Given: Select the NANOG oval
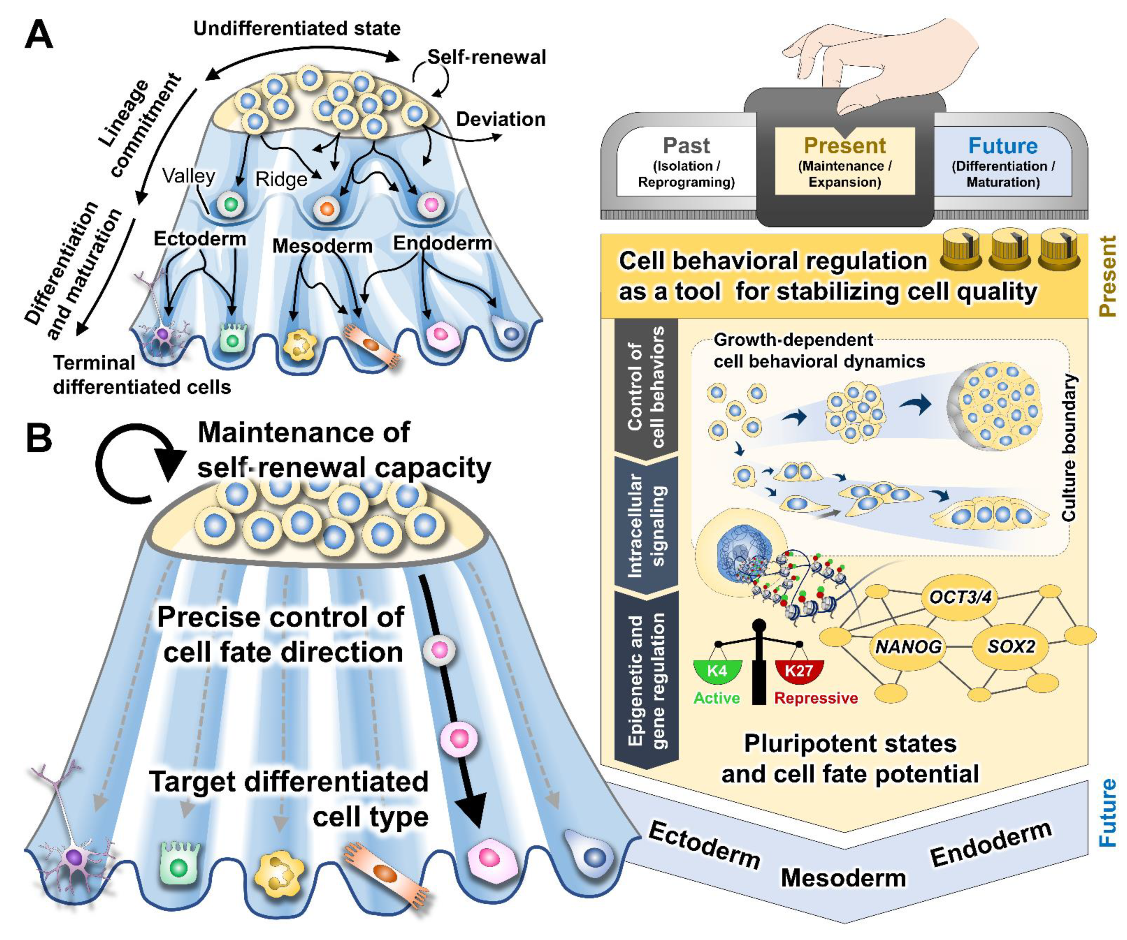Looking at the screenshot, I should coord(908,646).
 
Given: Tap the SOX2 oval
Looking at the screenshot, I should coord(1011,646).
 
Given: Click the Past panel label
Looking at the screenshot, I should coord(686,146).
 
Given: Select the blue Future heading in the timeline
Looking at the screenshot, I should coord(1003,146).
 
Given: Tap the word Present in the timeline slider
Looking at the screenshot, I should coord(845,146).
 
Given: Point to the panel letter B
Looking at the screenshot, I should coord(39,438).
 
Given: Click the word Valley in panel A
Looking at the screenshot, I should coord(188,175).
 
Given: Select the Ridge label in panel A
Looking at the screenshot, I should coord(281,179).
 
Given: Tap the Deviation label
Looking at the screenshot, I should coord(500,119).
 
